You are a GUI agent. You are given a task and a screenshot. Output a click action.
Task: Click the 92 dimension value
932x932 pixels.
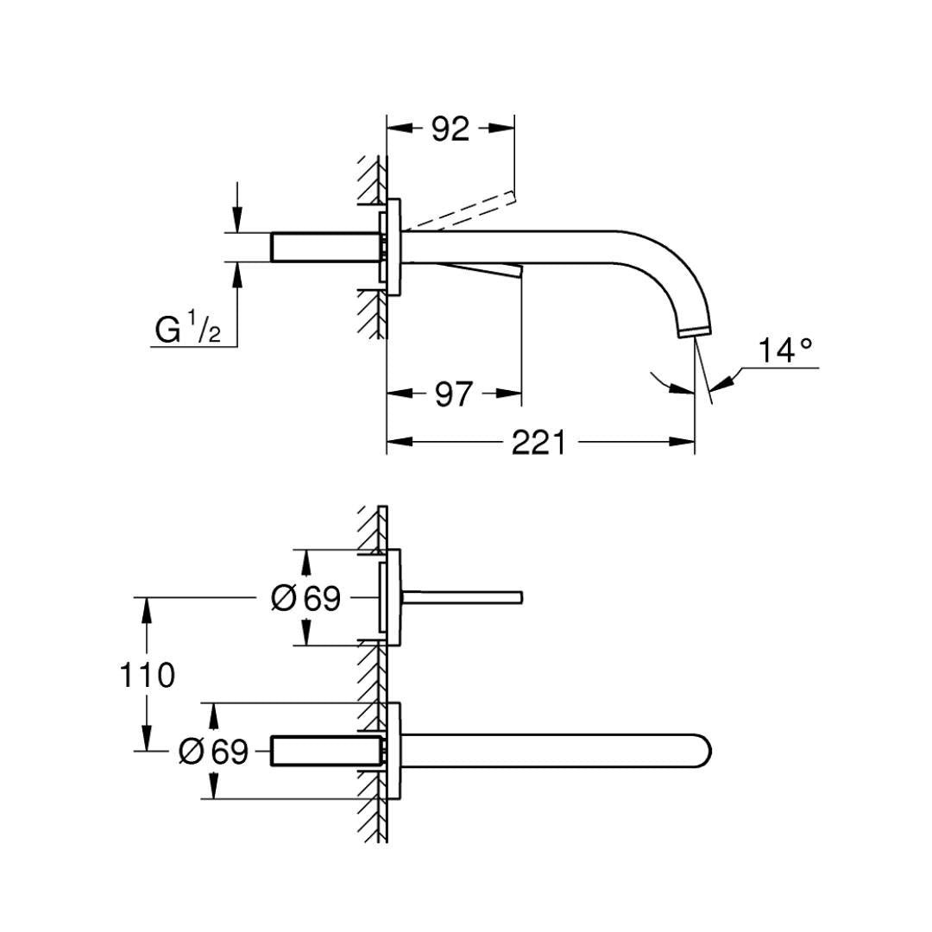coord(450,129)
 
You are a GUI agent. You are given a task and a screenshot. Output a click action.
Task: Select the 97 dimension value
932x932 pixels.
coord(453,394)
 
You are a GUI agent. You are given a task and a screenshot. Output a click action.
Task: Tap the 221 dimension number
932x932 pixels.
coord(538,443)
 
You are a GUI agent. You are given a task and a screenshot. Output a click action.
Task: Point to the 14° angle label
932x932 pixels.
coord(785,351)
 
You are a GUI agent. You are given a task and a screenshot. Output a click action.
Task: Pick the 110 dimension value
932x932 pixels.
coord(148,675)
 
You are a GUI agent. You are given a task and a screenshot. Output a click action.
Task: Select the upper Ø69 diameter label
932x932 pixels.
coord(305,597)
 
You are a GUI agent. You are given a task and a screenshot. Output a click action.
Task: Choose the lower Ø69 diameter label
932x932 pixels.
coord(213,752)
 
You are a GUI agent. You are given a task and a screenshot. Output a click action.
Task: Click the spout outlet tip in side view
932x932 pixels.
coord(696,332)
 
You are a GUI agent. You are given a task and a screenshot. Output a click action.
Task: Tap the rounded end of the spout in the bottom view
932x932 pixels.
coord(711,751)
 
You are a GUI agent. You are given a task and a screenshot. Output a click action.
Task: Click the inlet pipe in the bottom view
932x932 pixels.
coord(324,751)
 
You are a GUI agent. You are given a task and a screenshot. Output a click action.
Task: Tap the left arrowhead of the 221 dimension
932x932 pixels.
coord(394,443)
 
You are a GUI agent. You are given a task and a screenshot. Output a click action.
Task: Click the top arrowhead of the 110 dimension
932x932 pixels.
coord(148,605)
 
